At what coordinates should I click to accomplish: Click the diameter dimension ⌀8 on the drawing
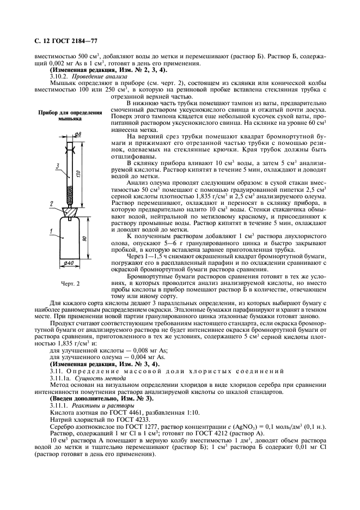[77, 134]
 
